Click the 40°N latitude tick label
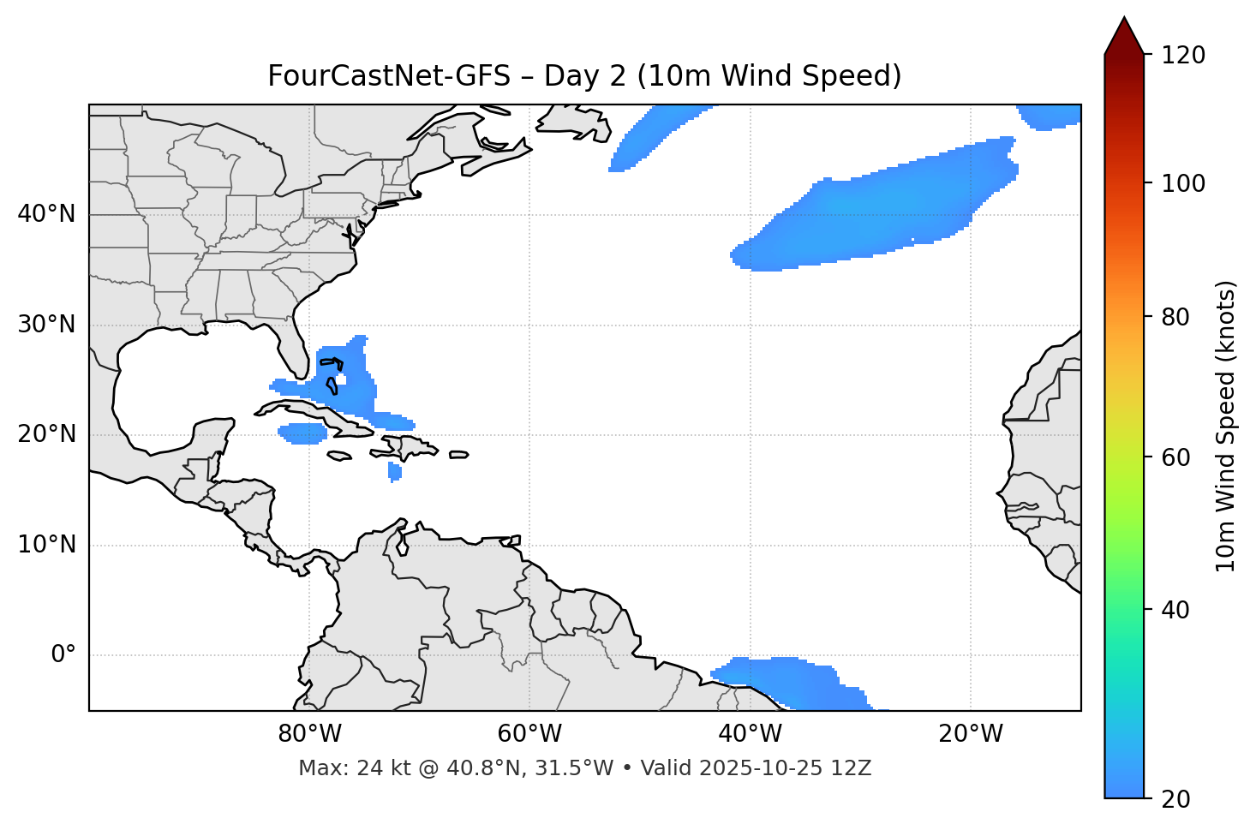(46, 214)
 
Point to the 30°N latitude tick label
(46, 325)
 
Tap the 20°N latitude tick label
(46, 434)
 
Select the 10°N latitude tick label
(46, 545)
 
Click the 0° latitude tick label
(63, 655)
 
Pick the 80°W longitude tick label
(309, 734)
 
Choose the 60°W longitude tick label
(529, 734)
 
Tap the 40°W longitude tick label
(751, 734)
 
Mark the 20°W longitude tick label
(971, 734)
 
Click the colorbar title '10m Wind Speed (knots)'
(1226, 427)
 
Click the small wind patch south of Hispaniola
(394, 471)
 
